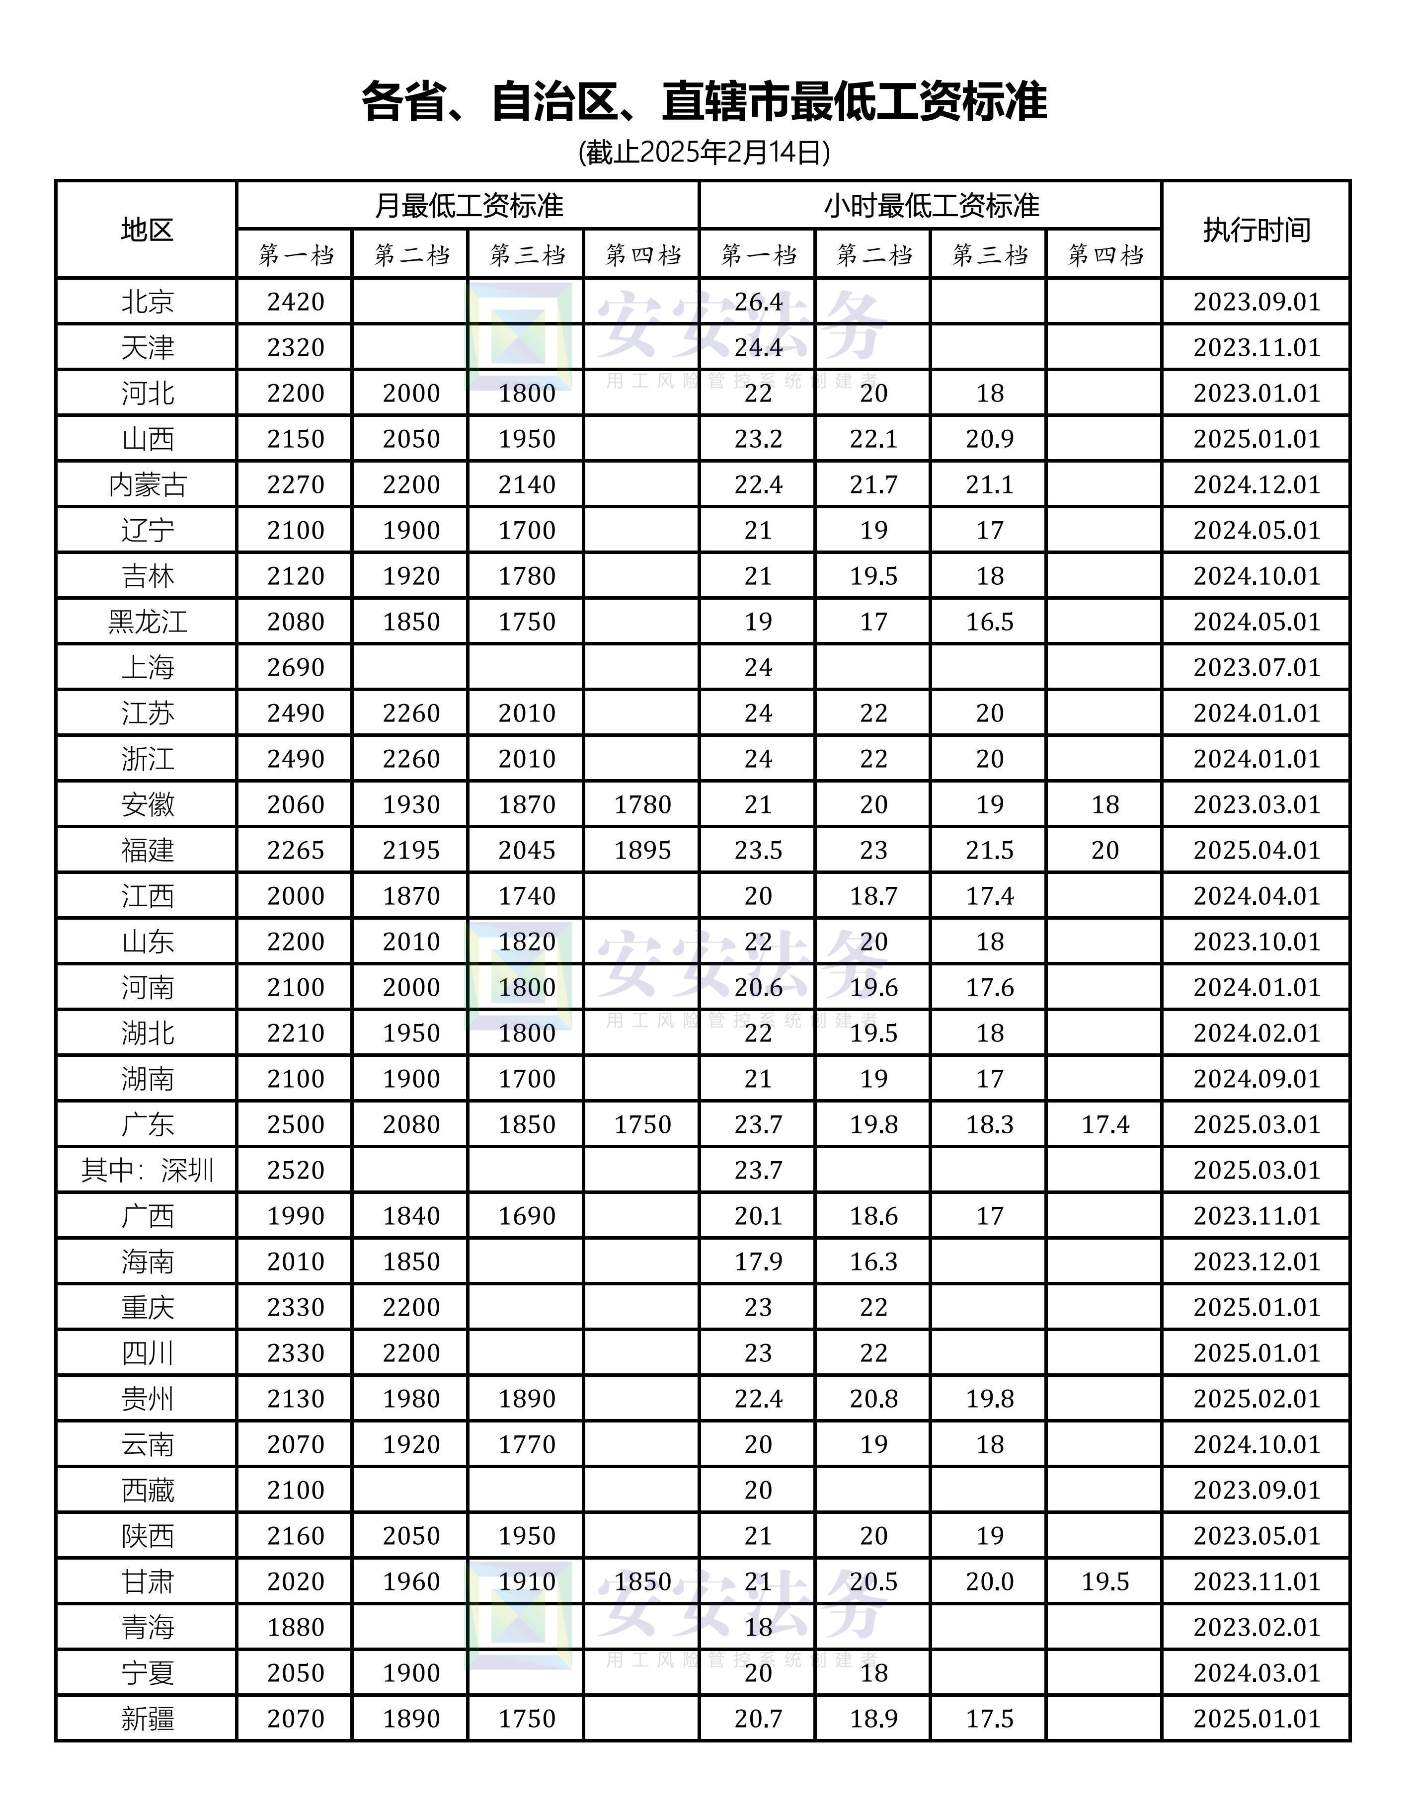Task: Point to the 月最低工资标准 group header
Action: click(468, 205)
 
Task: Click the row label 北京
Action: click(147, 302)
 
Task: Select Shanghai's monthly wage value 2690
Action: click(295, 668)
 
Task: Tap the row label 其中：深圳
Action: click(147, 1171)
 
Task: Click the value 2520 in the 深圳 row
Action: click(295, 1171)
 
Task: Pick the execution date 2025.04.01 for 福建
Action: click(1256, 851)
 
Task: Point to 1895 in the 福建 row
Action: click(642, 851)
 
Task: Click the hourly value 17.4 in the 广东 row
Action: click(1105, 1125)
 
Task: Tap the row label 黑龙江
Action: click(147, 622)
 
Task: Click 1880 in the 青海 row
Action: click(295, 1627)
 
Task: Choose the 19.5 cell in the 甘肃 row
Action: click(1105, 1581)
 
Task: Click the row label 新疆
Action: click(147, 1719)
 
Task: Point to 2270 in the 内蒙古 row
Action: click(295, 485)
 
